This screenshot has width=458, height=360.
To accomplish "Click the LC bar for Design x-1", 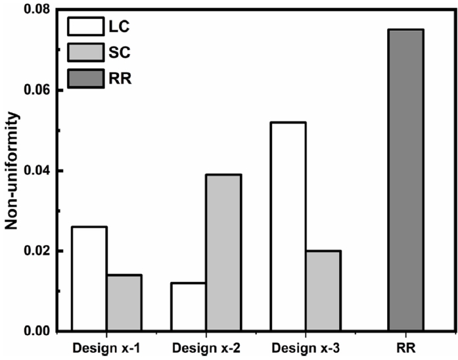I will coord(89,279).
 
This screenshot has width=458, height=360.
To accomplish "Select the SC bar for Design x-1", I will coord(124,303).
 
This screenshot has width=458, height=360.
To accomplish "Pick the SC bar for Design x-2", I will coord(223,252).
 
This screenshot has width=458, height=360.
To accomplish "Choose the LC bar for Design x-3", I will coord(288,227).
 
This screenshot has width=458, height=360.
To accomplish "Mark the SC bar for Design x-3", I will coord(323,290).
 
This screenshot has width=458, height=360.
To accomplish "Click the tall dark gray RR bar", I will coord(405,180).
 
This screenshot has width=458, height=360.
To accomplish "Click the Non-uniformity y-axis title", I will coord(12,171).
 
